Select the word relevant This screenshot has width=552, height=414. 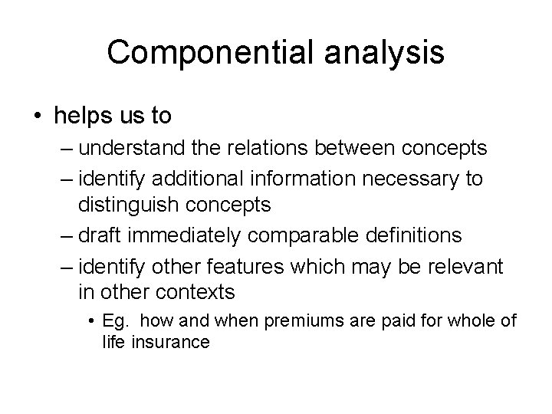tap(466, 266)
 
